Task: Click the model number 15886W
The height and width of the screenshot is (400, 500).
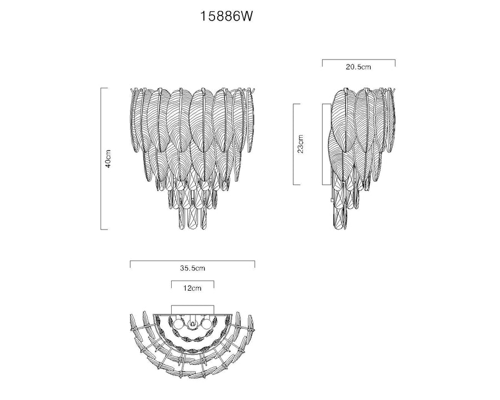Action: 227,16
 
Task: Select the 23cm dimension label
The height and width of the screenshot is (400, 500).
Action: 301,144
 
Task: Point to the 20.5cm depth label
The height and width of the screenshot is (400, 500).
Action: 358,67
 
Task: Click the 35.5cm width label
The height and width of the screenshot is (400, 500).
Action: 192,268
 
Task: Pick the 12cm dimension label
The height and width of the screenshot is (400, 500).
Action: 192,288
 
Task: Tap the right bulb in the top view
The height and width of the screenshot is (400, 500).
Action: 206,324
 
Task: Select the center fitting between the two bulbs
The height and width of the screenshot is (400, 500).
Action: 192,323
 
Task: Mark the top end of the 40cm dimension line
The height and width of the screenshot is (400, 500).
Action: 101,88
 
